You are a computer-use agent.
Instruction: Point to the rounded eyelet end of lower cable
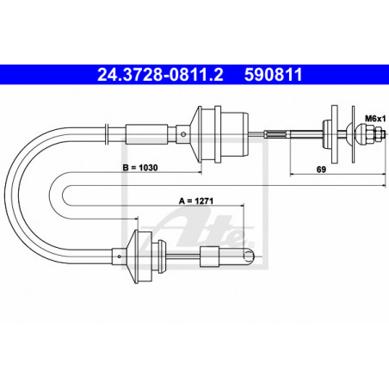(x=247, y=254)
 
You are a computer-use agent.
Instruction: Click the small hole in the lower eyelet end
(x=250, y=254)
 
